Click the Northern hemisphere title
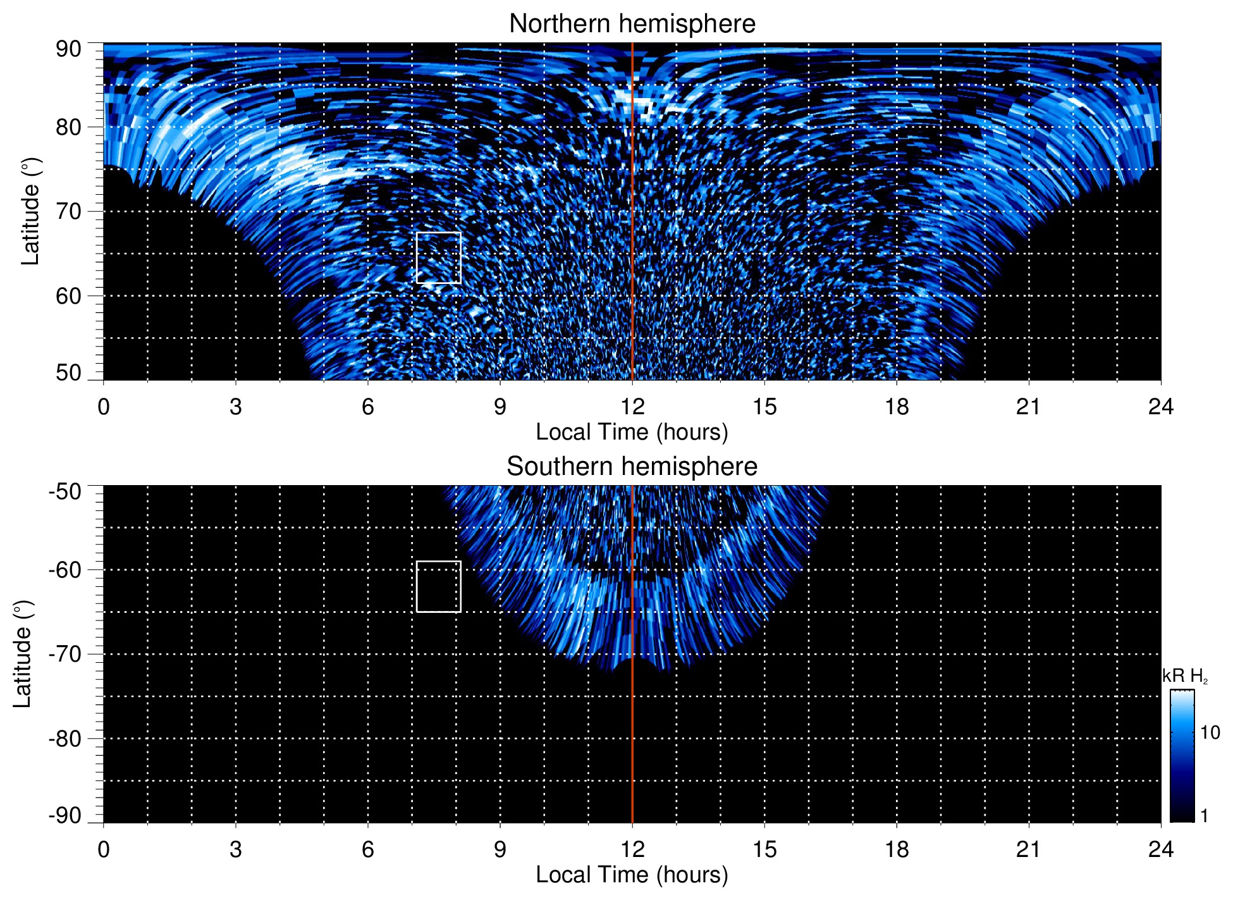point(632,24)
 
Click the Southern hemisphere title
point(632,467)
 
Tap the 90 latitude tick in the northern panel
point(68,49)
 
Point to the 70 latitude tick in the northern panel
point(68,211)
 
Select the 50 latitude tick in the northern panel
point(68,373)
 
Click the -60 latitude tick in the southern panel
point(64,570)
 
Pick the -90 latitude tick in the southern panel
point(64,815)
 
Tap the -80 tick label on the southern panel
point(64,738)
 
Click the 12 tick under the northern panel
point(632,407)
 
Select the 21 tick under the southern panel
point(1028,849)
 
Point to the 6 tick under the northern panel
point(368,407)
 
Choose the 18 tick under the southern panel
point(896,849)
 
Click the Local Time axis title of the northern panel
point(632,432)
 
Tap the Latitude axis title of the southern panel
point(23,654)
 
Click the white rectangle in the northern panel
point(439,257)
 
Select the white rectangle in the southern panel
point(439,586)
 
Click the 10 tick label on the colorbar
point(1210,733)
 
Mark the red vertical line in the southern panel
point(632,727)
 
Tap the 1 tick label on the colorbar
point(1204,816)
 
